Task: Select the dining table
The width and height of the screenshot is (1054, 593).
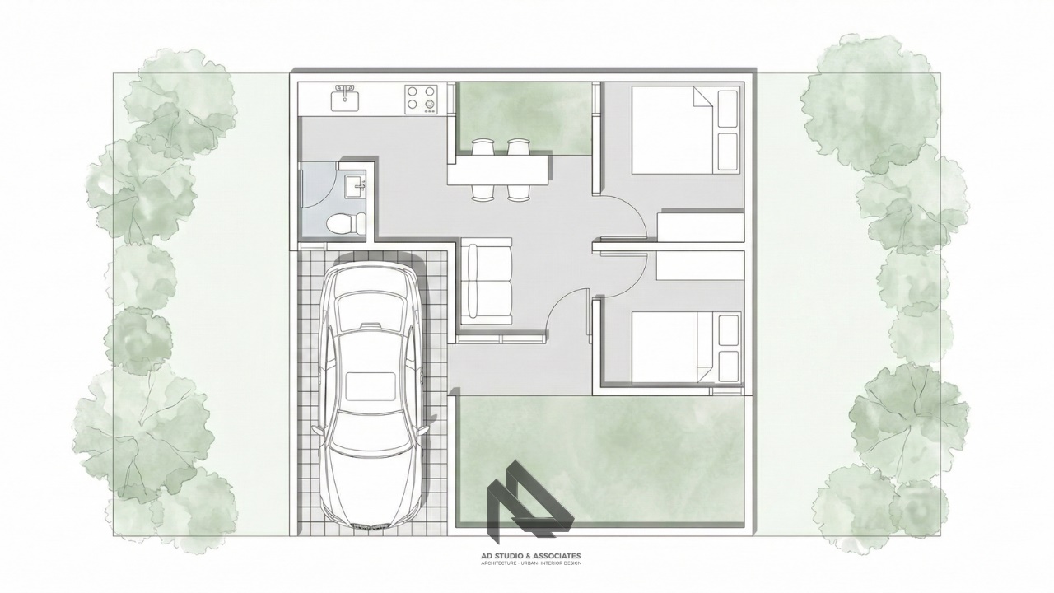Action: (499, 170)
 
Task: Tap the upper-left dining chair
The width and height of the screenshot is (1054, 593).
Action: (483, 147)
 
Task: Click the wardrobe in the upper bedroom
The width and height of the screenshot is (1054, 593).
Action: (700, 226)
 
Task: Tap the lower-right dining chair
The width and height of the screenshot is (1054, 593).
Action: (519, 192)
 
